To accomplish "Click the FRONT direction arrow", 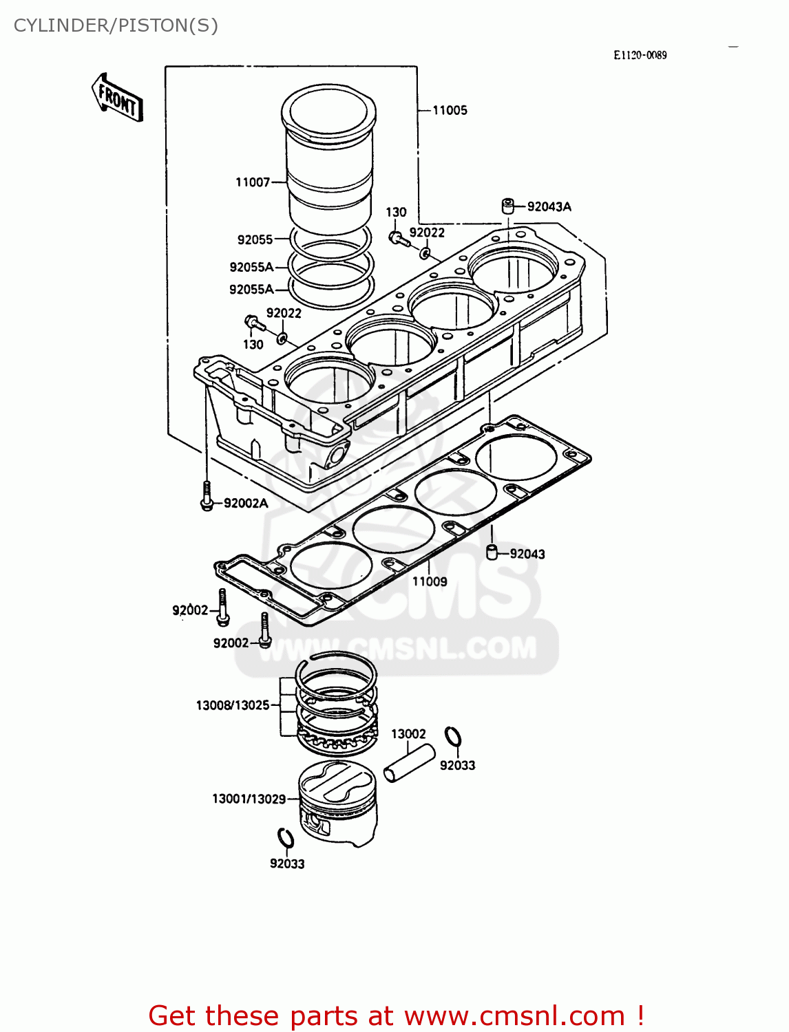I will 117,98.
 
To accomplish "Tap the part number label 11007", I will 253,182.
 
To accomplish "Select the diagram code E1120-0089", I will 640,55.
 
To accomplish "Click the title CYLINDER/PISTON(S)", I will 116,25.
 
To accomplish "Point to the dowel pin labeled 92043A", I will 507,206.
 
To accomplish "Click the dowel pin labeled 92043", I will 492,552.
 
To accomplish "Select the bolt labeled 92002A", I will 206,495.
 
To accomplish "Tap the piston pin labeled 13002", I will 410,764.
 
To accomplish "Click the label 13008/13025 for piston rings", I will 233,705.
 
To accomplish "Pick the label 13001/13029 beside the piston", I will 249,799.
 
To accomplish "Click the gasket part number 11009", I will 430,581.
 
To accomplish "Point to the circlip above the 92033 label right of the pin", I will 452,737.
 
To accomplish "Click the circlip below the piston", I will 286,839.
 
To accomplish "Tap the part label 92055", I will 255,239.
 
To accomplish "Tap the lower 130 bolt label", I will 253,344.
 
